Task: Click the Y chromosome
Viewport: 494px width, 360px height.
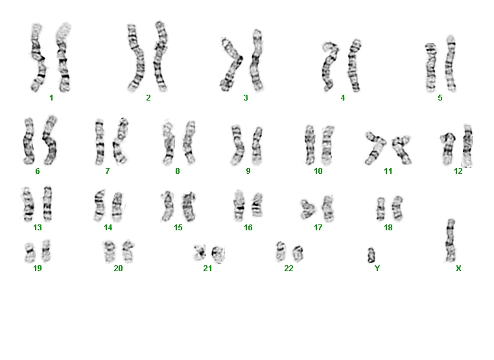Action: pyautogui.click(x=371, y=256)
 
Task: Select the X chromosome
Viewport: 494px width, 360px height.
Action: pyautogui.click(x=451, y=241)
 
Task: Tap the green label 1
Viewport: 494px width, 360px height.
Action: pyautogui.click(x=51, y=98)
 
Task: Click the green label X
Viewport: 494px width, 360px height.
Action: pyautogui.click(x=458, y=269)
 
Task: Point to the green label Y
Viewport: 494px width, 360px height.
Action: pyautogui.click(x=377, y=269)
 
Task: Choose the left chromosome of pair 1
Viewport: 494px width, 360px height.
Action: pyautogui.click(x=38, y=58)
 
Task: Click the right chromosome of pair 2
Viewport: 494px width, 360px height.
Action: pyautogui.click(x=161, y=56)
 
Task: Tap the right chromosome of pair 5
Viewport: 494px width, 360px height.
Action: pyautogui.click(x=451, y=64)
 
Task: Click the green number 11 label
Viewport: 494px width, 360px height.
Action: pyautogui.click(x=388, y=171)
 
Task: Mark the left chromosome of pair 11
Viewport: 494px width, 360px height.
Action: pyautogui.click(x=375, y=149)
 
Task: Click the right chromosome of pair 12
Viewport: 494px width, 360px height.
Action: pyautogui.click(x=467, y=146)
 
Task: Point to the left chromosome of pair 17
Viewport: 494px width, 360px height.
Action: pyautogui.click(x=307, y=209)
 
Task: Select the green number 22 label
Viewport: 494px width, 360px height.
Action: pyautogui.click(x=288, y=269)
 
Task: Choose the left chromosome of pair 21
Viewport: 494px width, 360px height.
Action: pyautogui.click(x=200, y=252)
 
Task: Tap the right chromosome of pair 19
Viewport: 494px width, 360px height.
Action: pyautogui.click(x=46, y=250)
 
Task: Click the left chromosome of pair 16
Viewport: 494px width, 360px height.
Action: pyautogui.click(x=239, y=206)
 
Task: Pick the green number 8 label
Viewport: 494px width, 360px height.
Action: pyautogui.click(x=178, y=171)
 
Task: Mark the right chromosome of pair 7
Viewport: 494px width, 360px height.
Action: pyautogui.click(x=120, y=141)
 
